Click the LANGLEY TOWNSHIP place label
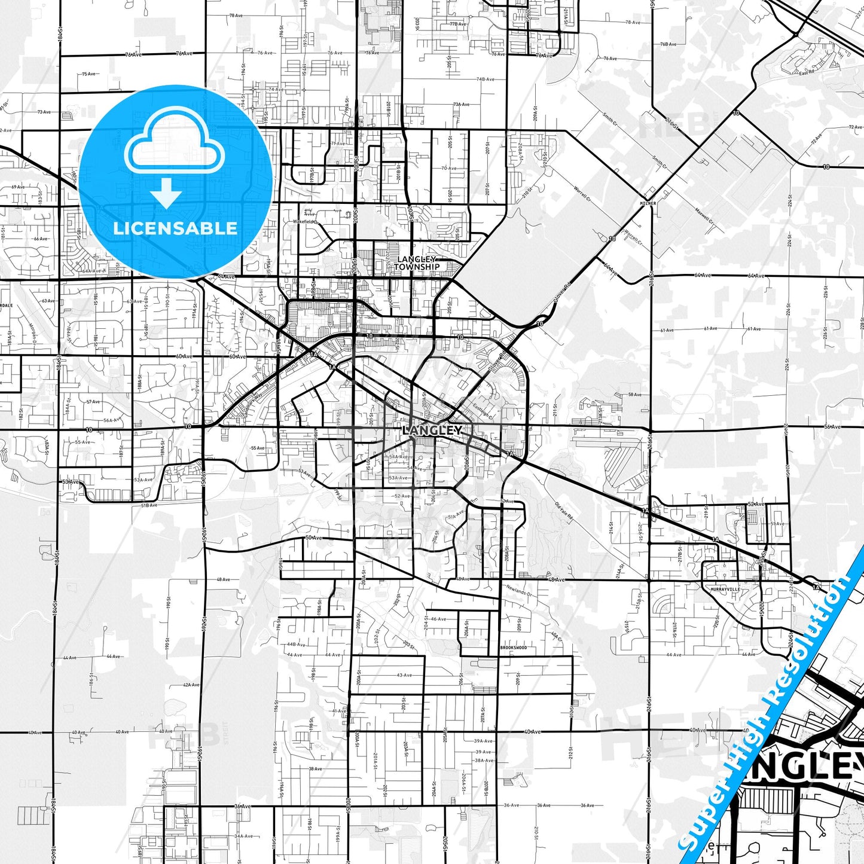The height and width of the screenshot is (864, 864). [x=417, y=263]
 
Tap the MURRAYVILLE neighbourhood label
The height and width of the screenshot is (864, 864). [x=725, y=589]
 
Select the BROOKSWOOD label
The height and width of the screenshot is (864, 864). [x=514, y=648]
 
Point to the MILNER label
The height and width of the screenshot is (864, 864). [x=648, y=203]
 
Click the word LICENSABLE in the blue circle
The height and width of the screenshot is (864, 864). [x=175, y=228]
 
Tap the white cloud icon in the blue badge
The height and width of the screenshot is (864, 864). [x=174, y=144]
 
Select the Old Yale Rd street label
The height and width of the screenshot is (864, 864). [x=564, y=510]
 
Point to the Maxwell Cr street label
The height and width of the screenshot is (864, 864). [x=704, y=216]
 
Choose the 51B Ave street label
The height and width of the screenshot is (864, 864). [x=149, y=505]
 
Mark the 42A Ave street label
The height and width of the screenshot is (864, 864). [x=191, y=685]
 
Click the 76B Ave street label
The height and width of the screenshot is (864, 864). [x=668, y=44]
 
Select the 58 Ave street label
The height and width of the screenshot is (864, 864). [x=634, y=395]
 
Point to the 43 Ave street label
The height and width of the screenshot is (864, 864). [x=404, y=675]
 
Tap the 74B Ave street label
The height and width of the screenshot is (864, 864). [x=485, y=79]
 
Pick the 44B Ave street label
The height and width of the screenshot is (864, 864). [x=295, y=645]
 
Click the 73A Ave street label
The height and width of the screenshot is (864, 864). [x=461, y=104]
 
